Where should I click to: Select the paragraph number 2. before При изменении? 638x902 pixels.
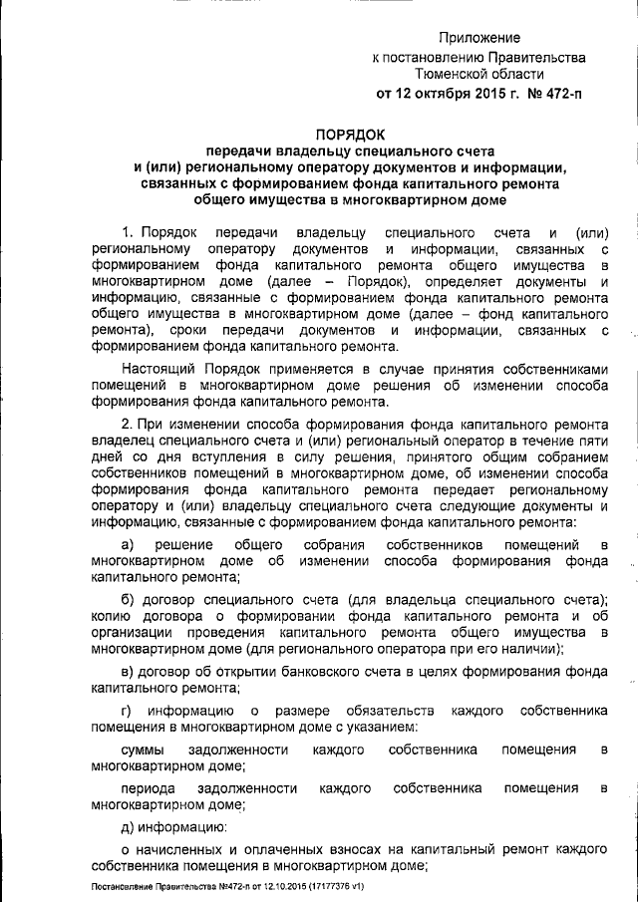pyautogui.click(x=127, y=424)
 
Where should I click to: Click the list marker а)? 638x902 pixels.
pyautogui.click(x=128, y=544)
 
